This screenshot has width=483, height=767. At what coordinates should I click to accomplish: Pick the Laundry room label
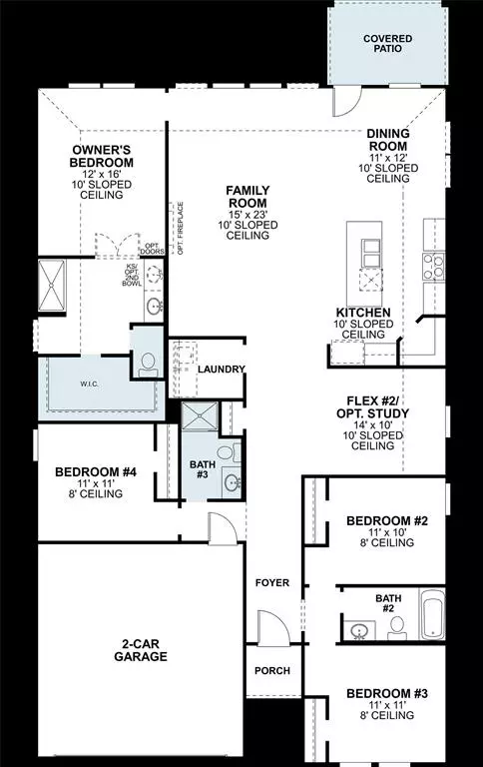click(x=221, y=370)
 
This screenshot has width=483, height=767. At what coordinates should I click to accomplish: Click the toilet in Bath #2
click(x=396, y=627)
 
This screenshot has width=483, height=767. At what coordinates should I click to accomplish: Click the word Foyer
click(x=272, y=582)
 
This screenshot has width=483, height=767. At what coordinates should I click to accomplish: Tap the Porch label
click(x=272, y=671)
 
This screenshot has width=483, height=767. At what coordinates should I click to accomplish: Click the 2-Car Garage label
click(x=140, y=650)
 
